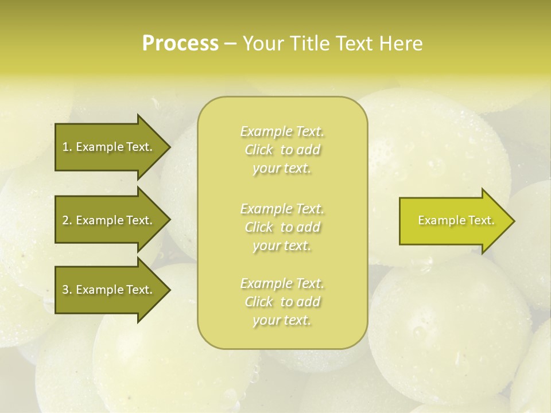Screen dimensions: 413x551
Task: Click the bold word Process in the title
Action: pyautogui.click(x=180, y=44)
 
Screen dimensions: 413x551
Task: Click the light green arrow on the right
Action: pyautogui.click(x=453, y=220)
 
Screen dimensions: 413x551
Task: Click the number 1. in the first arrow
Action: pyautogui.click(x=67, y=147)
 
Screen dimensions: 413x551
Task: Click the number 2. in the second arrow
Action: pyautogui.click(x=67, y=220)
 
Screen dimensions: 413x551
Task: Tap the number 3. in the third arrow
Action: pyautogui.click(x=67, y=290)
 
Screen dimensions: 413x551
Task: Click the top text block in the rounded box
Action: pyautogui.click(x=282, y=150)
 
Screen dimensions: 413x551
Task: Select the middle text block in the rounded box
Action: pyautogui.click(x=282, y=227)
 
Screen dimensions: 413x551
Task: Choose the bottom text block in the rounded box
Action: pyautogui.click(x=282, y=302)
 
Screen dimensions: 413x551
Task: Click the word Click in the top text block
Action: pyautogui.click(x=259, y=150)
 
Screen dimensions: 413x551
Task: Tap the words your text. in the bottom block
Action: pyautogui.click(x=282, y=320)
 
